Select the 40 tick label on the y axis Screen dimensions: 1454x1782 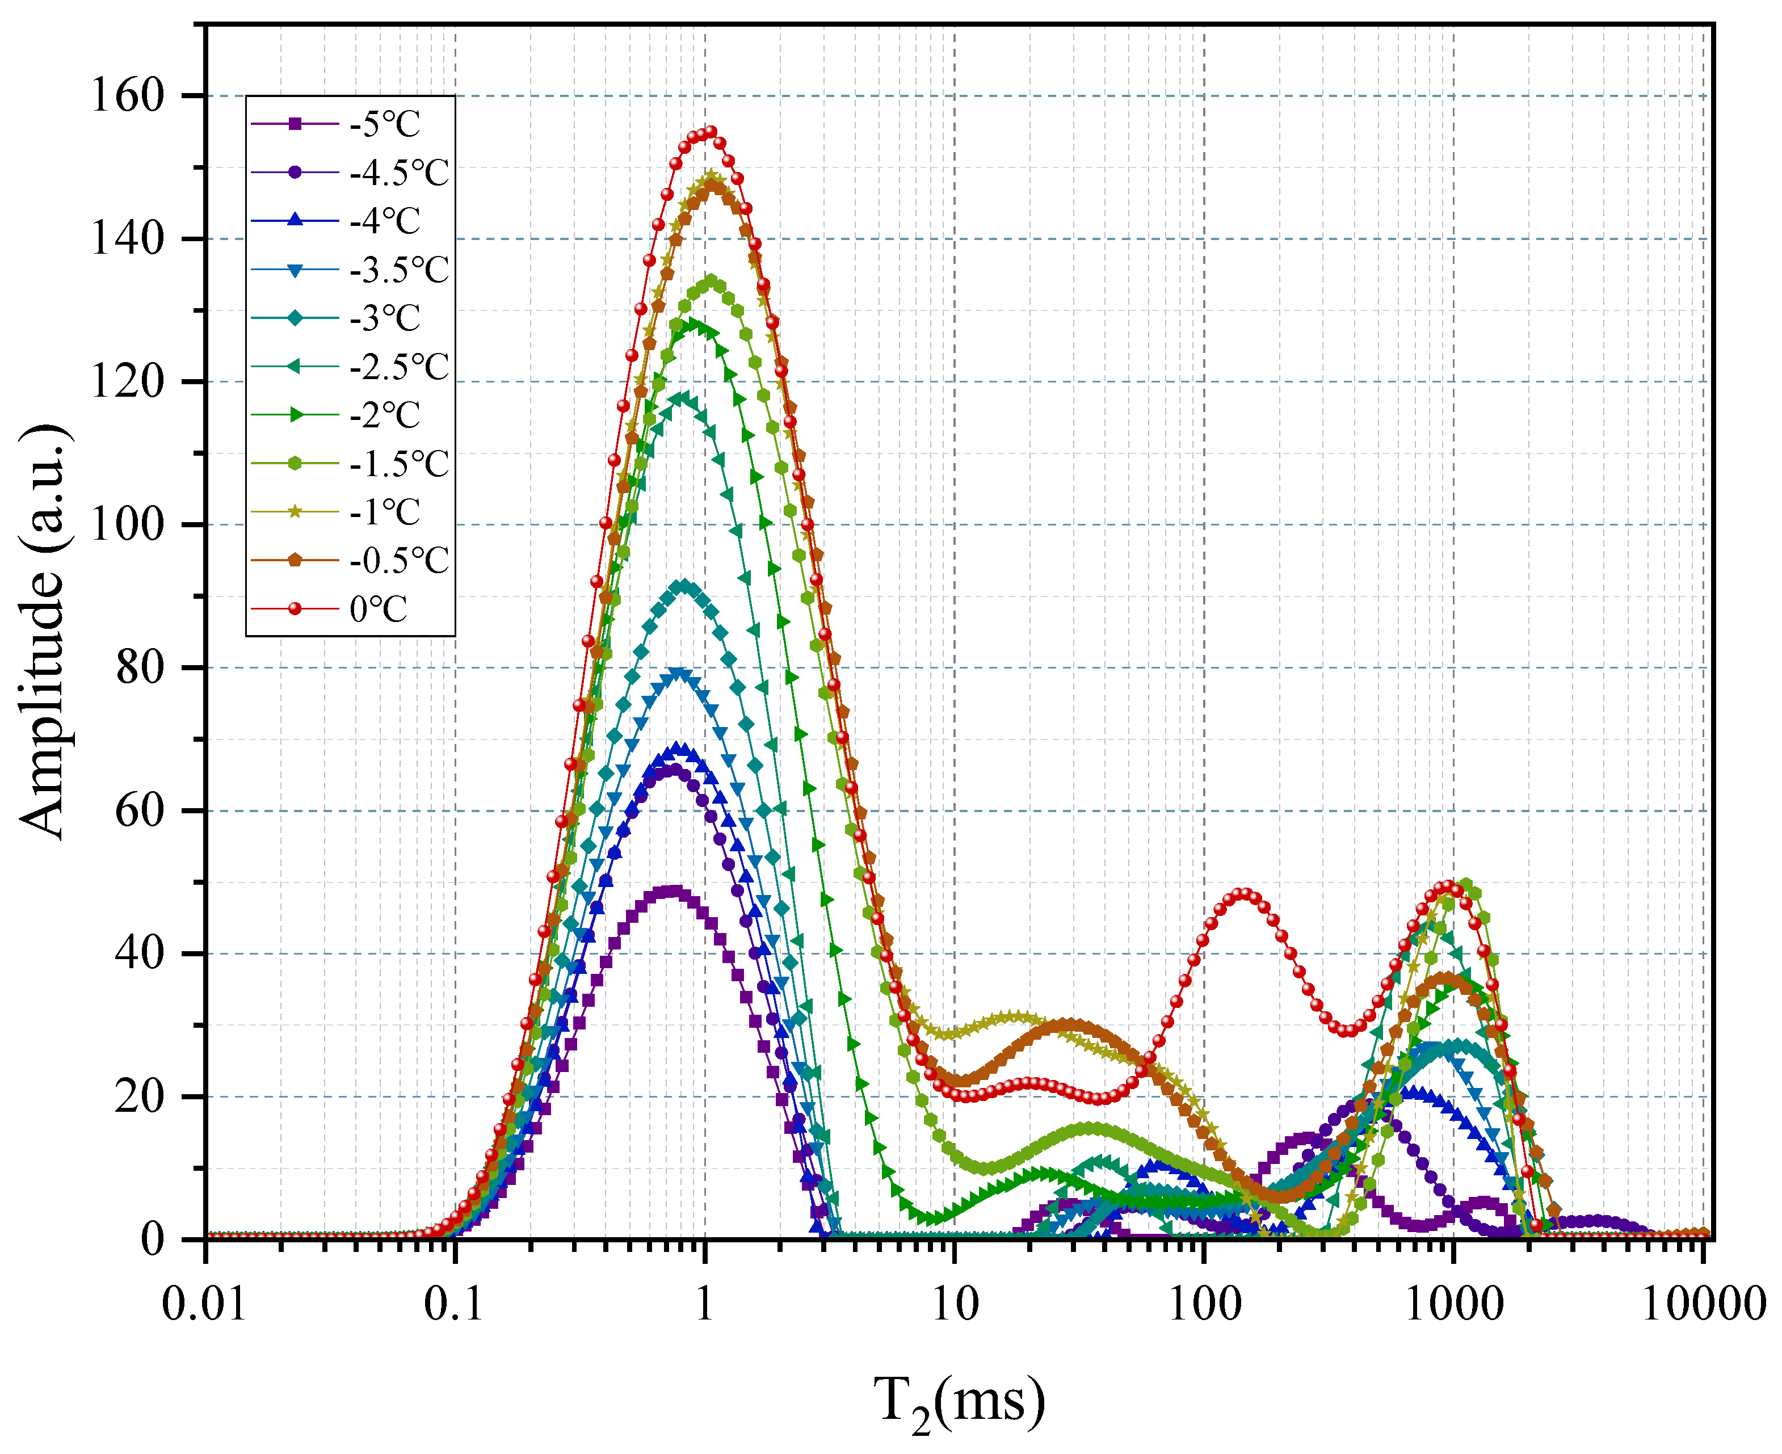[x=138, y=954]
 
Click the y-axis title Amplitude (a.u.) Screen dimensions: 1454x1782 [x=42, y=632]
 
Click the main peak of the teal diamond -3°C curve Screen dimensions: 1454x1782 [x=685, y=586]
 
